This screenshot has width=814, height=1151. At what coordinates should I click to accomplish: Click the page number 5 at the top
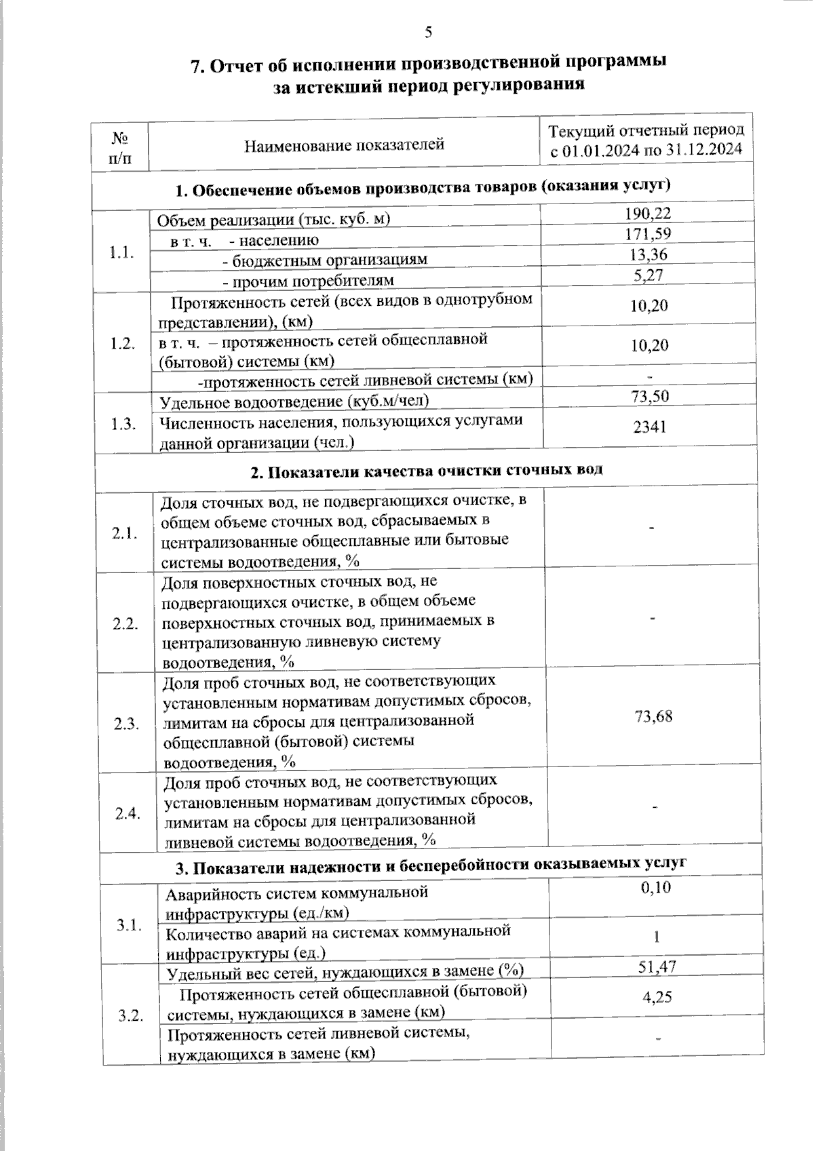click(427, 32)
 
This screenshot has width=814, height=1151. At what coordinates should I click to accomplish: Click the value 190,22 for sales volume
click(647, 214)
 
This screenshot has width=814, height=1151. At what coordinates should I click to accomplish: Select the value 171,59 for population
click(647, 235)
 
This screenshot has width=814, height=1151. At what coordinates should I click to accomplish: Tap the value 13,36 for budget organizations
click(647, 255)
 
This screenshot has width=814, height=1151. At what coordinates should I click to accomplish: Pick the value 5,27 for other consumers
click(647, 275)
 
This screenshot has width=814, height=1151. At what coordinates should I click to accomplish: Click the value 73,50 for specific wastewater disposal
click(649, 396)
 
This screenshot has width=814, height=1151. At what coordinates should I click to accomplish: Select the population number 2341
click(649, 426)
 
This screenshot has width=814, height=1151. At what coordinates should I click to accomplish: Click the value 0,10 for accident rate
click(656, 888)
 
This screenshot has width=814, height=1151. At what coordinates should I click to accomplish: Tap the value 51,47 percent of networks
click(657, 967)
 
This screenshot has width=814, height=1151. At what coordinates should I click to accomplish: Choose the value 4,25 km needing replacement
click(657, 997)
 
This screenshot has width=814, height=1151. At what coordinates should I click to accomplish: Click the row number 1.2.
click(123, 343)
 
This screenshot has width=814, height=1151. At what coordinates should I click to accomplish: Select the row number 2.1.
click(125, 533)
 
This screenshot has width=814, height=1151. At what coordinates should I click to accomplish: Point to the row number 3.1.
click(129, 924)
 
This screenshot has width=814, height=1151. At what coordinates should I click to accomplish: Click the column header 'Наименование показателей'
click(344, 144)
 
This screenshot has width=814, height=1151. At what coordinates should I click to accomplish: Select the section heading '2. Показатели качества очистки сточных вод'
click(426, 470)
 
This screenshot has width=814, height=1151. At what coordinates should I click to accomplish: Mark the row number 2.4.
click(128, 813)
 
